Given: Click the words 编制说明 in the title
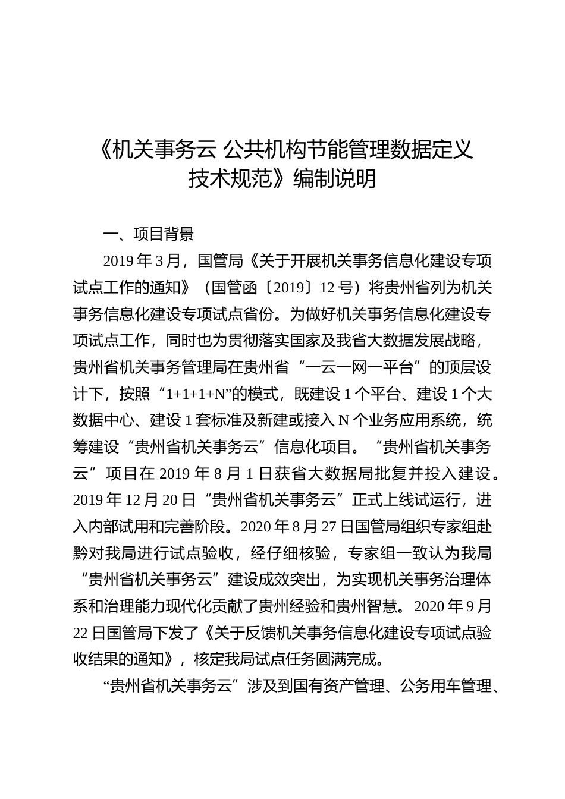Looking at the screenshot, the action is coord(335,178).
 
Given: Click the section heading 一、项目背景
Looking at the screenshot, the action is coord(148,234).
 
